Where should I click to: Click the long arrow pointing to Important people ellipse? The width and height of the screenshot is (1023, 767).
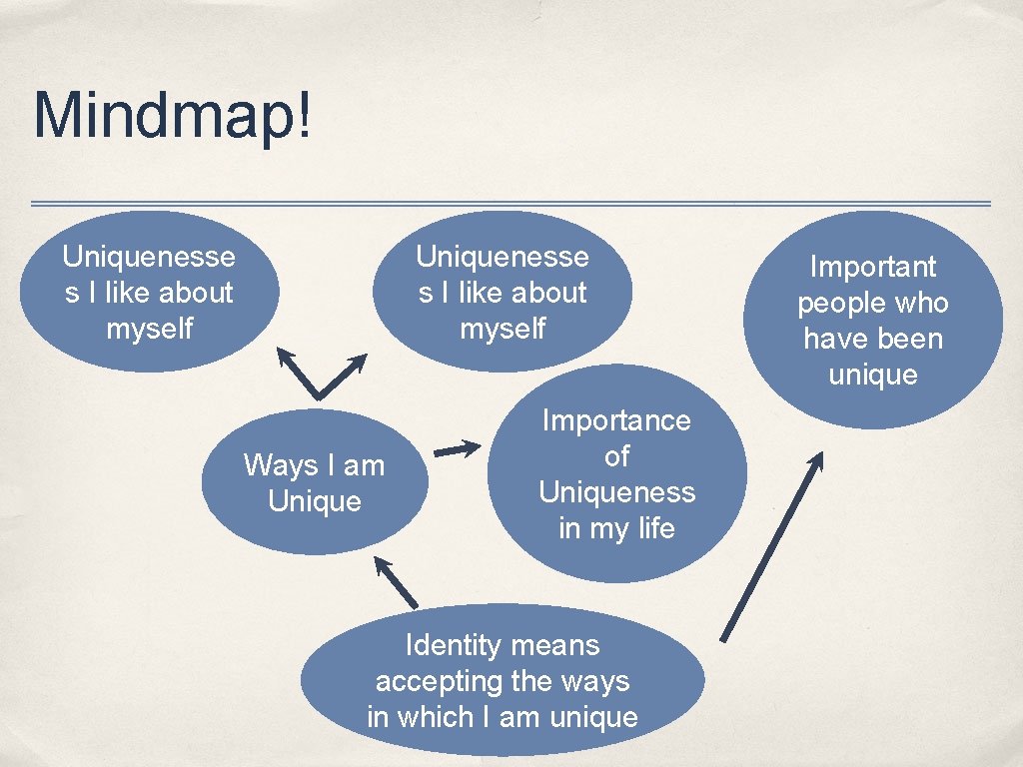(771, 546)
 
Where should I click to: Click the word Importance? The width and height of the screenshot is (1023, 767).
(616, 420)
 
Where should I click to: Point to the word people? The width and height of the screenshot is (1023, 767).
(838, 303)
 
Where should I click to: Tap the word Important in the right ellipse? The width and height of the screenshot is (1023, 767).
(872, 267)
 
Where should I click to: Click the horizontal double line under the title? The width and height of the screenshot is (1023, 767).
(511, 204)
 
